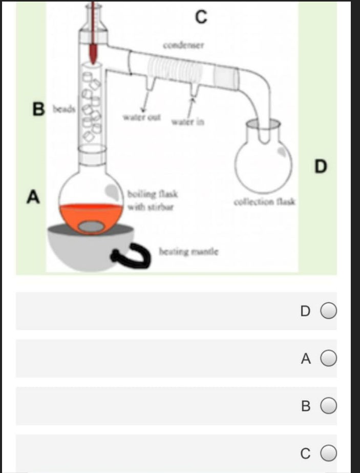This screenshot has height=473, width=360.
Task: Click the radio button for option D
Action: pos(329,311)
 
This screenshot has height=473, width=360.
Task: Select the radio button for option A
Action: pos(329,359)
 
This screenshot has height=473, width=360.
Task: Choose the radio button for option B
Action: pos(329,406)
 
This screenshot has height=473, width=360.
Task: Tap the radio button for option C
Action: pos(329,454)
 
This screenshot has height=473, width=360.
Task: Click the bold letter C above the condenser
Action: pos(201,17)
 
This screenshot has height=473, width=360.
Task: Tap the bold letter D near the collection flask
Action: pos(320,167)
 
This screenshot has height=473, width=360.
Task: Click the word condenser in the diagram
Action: pos(183,45)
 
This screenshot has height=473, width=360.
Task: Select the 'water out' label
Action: pos(142,117)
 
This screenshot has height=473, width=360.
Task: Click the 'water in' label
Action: pos(187,122)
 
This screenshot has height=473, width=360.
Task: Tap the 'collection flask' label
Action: pos(264,202)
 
